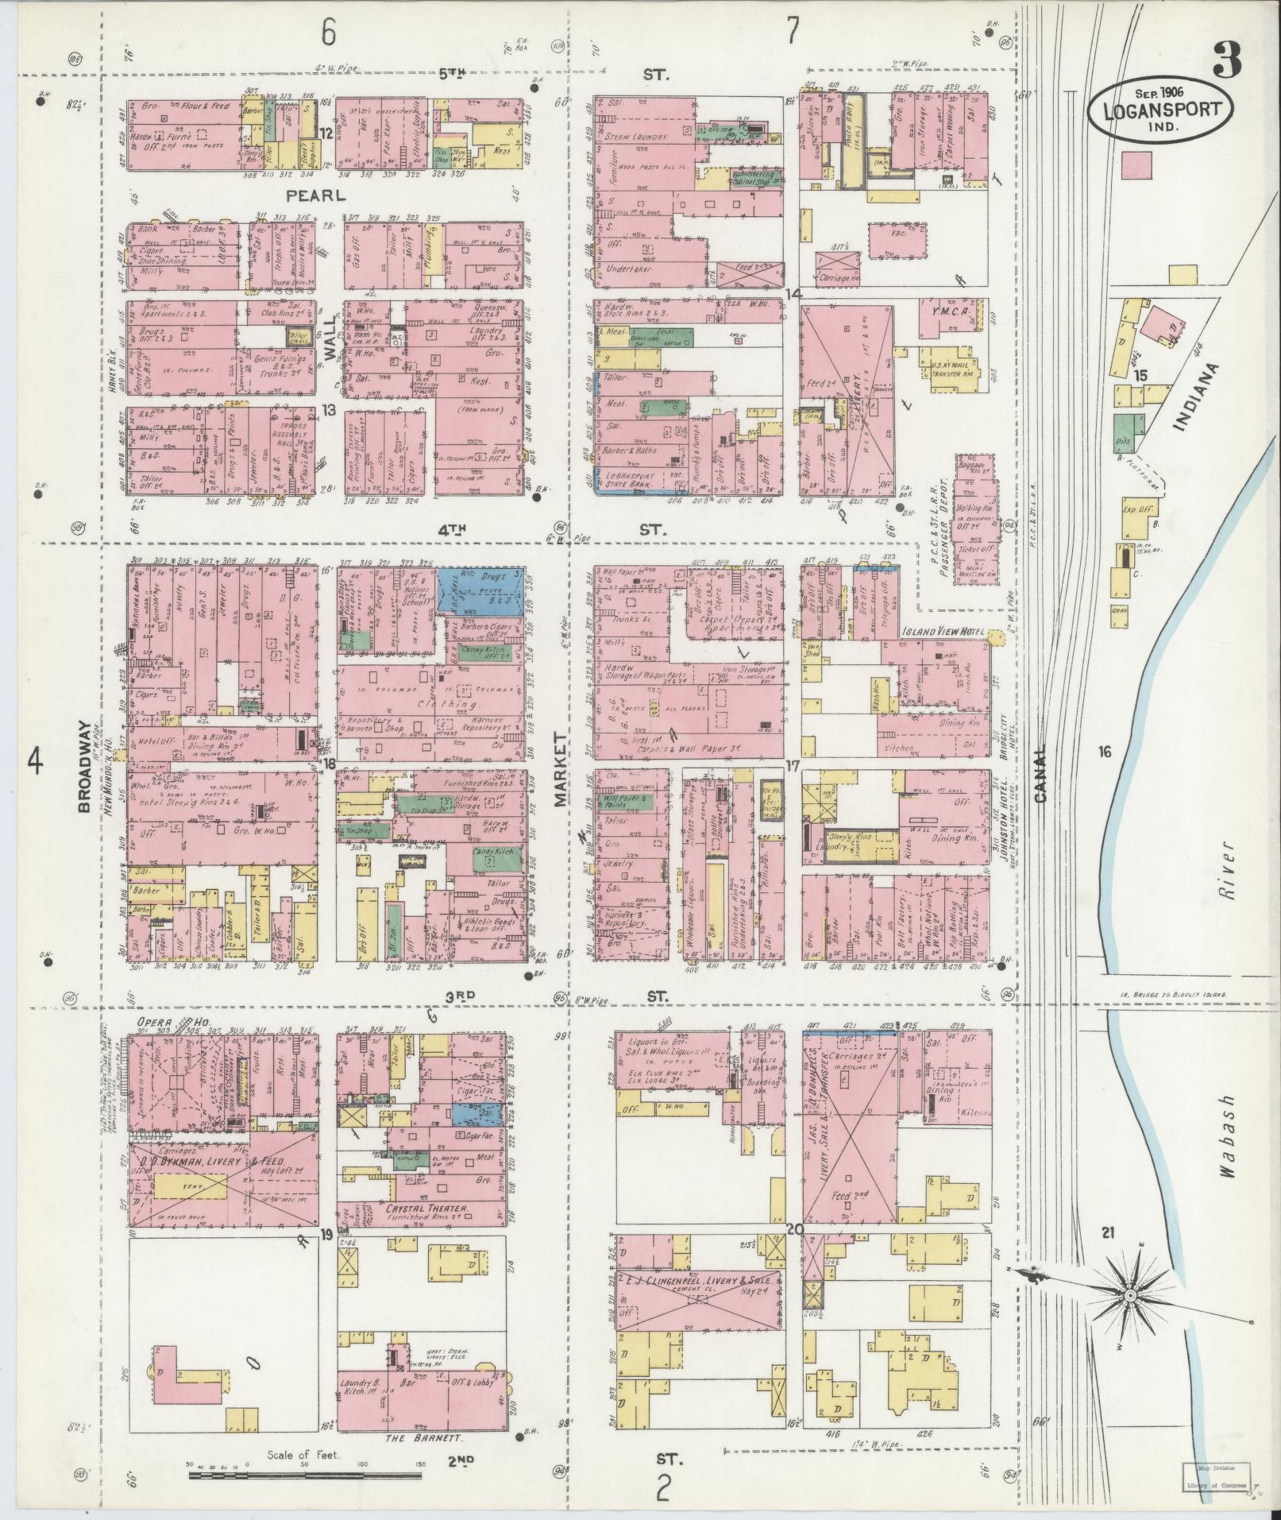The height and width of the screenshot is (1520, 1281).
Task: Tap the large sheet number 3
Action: (x=1228, y=60)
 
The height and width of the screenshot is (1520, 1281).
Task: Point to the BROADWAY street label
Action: (x=83, y=767)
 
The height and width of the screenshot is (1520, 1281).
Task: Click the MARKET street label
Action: (x=561, y=770)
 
